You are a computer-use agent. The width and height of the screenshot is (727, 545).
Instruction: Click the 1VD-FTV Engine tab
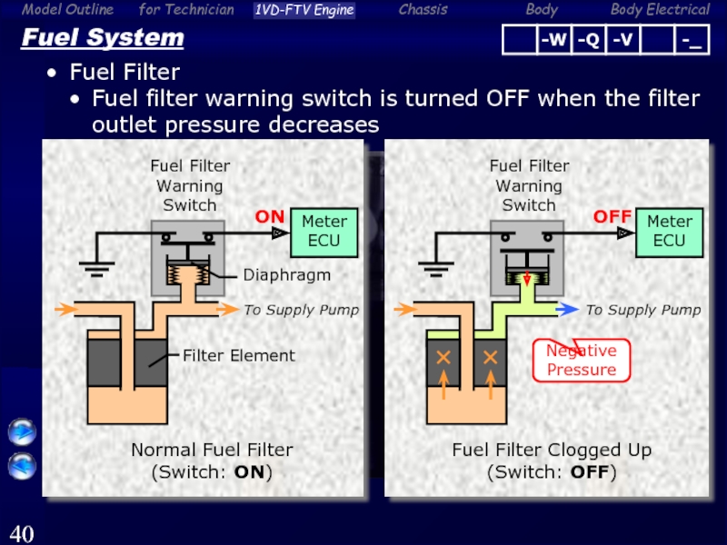pos(304,10)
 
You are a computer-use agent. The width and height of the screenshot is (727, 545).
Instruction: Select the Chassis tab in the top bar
pos(423,10)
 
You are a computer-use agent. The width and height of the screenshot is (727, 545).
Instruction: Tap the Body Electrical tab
pos(660,10)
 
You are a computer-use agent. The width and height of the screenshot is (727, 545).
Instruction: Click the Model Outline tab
pos(68,10)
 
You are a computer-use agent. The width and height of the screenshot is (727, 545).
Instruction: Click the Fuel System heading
pos(102,38)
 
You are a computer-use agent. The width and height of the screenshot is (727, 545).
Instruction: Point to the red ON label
pos(269,217)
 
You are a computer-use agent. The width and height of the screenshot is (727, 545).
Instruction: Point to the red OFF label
pos(612,217)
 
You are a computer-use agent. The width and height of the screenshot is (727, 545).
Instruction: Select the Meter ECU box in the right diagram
pos(669,231)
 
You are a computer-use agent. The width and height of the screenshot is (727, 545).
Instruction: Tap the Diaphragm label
pos(286,273)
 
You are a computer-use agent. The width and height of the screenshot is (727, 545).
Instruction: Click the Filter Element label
pos(238,355)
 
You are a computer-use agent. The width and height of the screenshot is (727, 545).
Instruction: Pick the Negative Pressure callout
pos(582,361)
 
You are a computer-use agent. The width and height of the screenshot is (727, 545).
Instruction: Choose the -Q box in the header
pos(587,40)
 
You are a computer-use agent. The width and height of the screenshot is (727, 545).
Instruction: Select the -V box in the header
pos(622,40)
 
